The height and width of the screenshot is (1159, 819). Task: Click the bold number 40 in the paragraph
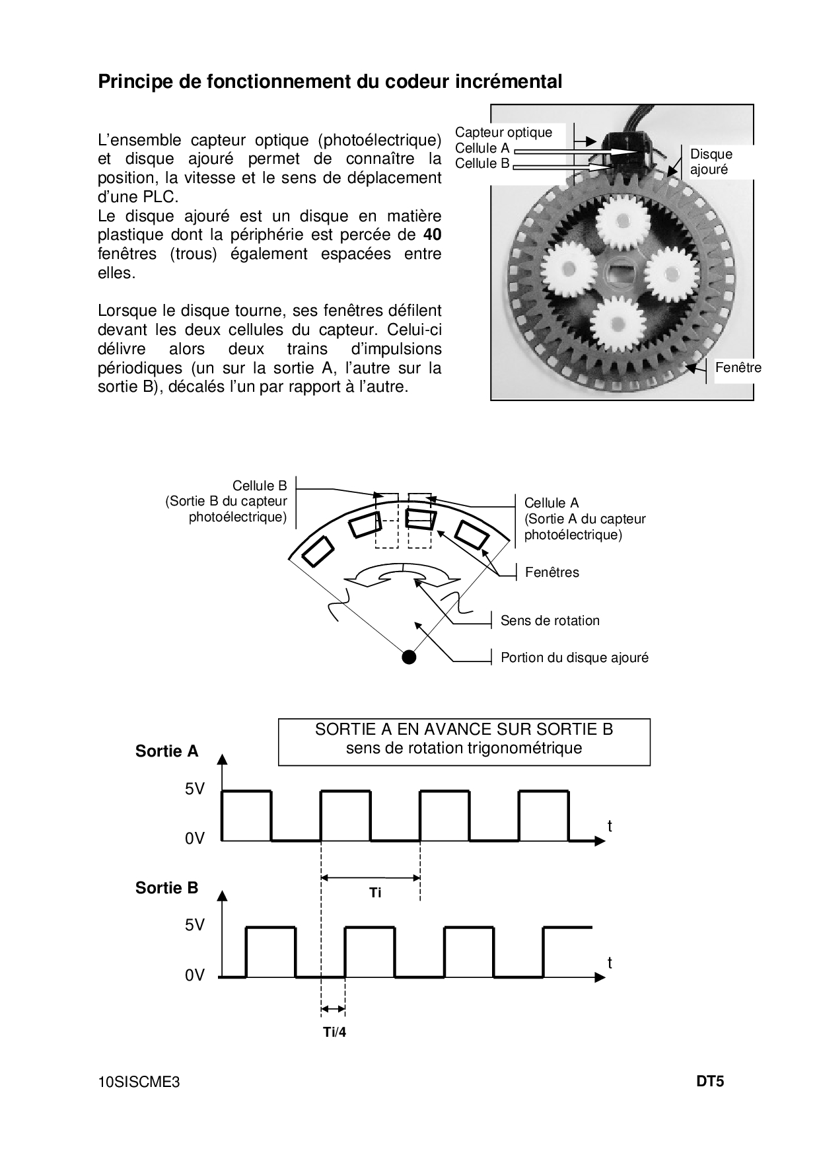point(432,235)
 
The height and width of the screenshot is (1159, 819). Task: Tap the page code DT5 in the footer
point(710,1082)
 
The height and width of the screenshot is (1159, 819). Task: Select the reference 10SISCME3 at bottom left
point(139,1082)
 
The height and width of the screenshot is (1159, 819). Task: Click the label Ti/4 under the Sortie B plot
point(334,1032)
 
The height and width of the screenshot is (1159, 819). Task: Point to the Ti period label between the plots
point(375,893)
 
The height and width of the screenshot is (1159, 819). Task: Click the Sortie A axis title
point(166,751)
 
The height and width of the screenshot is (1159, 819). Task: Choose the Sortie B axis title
point(166,888)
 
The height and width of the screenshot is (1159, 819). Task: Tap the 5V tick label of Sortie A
point(195,789)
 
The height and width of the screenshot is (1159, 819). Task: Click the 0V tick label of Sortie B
point(195,975)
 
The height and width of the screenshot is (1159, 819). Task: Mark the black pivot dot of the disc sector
point(409,656)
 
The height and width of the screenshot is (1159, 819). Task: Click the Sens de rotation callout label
point(550,620)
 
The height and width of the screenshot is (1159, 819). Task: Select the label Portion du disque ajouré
point(575,657)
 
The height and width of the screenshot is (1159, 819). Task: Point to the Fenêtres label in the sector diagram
point(552,572)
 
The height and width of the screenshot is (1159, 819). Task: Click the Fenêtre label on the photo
point(738,368)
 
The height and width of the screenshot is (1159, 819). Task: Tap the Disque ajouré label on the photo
point(711,161)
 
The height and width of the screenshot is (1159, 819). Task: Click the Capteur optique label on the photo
point(503,132)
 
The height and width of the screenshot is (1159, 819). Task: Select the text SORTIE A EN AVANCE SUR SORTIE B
point(464,729)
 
